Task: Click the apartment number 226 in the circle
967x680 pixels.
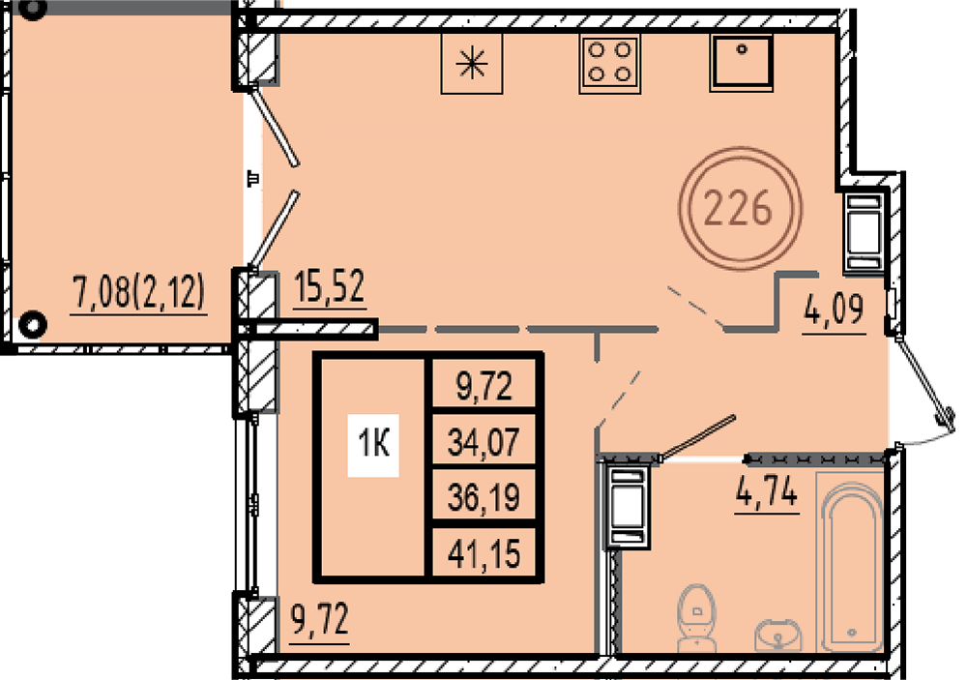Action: (738, 207)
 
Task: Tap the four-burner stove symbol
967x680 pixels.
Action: (609, 63)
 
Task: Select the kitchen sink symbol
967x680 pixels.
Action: (741, 62)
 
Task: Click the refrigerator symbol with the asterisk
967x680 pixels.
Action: (472, 63)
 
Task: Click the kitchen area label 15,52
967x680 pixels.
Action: (330, 287)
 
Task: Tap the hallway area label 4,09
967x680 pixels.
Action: (834, 310)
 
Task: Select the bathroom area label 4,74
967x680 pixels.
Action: (767, 491)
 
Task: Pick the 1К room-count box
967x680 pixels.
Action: (373, 445)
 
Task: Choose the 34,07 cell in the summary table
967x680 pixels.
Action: (483, 442)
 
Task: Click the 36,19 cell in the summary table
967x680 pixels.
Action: (483, 497)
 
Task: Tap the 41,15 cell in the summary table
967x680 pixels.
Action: (483, 553)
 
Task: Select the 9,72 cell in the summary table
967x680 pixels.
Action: (483, 387)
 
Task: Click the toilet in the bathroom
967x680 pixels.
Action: (697, 618)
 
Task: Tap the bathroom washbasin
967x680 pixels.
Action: (778, 635)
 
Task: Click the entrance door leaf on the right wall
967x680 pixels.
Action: (922, 380)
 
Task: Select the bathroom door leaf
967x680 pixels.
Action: (697, 438)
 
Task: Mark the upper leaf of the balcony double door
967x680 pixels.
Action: (276, 128)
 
